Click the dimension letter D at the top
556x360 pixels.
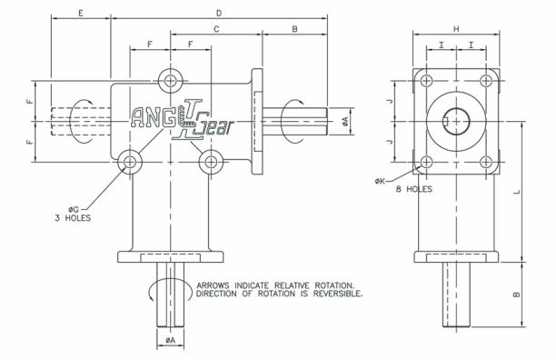pyautogui.click(x=219, y=13)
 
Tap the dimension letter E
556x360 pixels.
pyautogui.click(x=81, y=14)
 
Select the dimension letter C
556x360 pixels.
pyautogui.click(x=216, y=29)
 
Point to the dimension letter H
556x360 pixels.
pyautogui.click(x=456, y=29)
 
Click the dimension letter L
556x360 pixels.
pyautogui.click(x=517, y=192)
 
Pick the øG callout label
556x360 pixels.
pyautogui.click(x=74, y=209)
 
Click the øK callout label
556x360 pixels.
pyautogui.click(x=380, y=181)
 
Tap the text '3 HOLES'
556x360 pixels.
pyautogui.click(x=73, y=218)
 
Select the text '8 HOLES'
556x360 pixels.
pyautogui.click(x=414, y=189)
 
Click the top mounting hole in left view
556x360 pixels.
pyautogui.click(x=171, y=81)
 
